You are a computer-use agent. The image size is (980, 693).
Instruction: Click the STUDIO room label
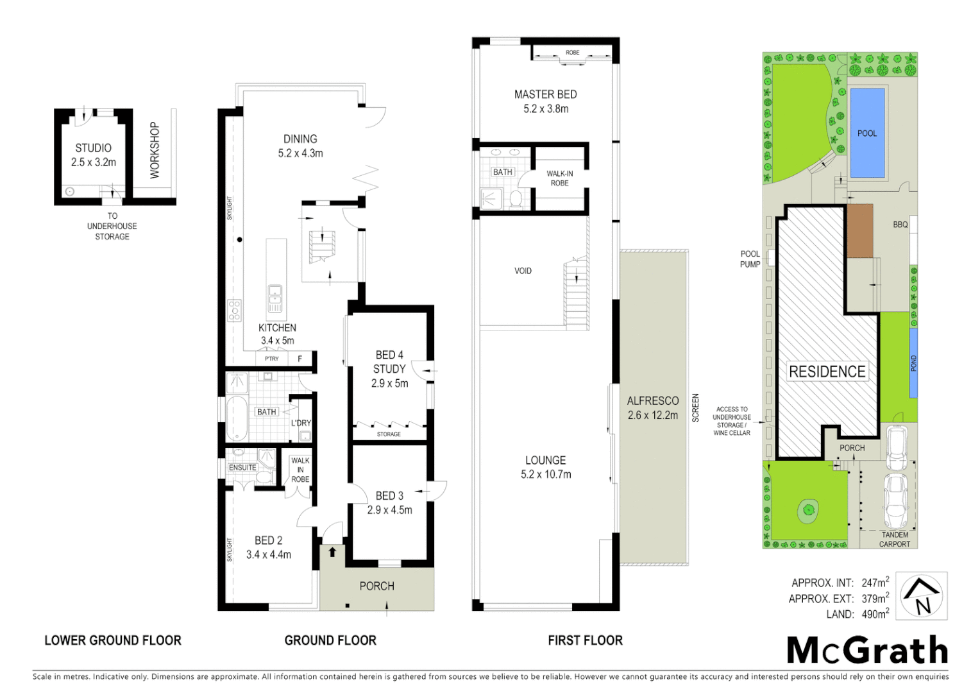(94, 148)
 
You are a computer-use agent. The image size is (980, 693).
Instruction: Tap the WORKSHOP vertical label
(154, 150)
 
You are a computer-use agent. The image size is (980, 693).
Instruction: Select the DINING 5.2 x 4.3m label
(300, 146)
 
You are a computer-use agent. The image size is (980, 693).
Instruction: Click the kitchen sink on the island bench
(275, 299)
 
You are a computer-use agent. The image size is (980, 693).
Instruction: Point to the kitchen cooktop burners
(235, 311)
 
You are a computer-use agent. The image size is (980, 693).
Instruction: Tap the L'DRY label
(301, 423)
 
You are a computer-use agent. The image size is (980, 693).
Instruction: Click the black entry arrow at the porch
(332, 551)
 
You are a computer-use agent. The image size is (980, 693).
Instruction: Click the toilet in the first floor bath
(515, 198)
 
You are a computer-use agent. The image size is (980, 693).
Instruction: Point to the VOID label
(523, 271)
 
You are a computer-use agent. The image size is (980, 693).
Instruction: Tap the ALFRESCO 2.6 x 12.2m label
(653, 408)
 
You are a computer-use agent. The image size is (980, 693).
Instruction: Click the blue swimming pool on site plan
(867, 133)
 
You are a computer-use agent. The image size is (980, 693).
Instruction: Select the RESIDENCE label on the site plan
(827, 372)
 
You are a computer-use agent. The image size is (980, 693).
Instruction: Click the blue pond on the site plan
(913, 363)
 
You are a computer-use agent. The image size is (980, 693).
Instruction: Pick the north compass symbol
(922, 596)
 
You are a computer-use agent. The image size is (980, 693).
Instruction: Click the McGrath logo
(867, 650)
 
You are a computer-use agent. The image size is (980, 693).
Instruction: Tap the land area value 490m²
(875, 614)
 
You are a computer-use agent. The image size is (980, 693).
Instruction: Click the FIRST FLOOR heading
(585, 640)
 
